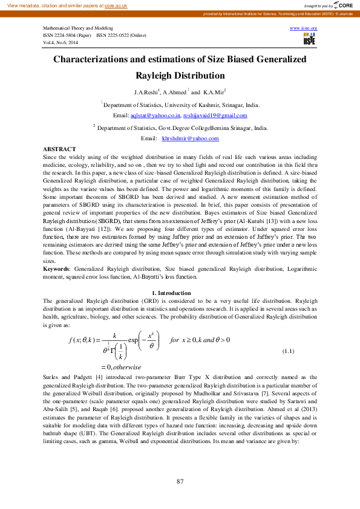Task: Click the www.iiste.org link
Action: pyautogui.click(x=304, y=28)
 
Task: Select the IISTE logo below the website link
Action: pyautogui.click(x=309, y=40)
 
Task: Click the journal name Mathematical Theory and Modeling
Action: pyautogui.click(x=78, y=28)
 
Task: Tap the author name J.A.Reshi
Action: pyautogui.click(x=146, y=92)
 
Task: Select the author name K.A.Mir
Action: pyautogui.click(x=214, y=92)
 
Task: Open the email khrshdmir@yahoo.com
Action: pyautogui.click(x=190, y=138)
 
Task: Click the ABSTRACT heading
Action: pyautogui.click(x=59, y=149)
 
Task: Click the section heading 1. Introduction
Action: pyautogui.click(x=179, y=293)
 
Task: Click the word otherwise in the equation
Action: pyautogui.click(x=125, y=366)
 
